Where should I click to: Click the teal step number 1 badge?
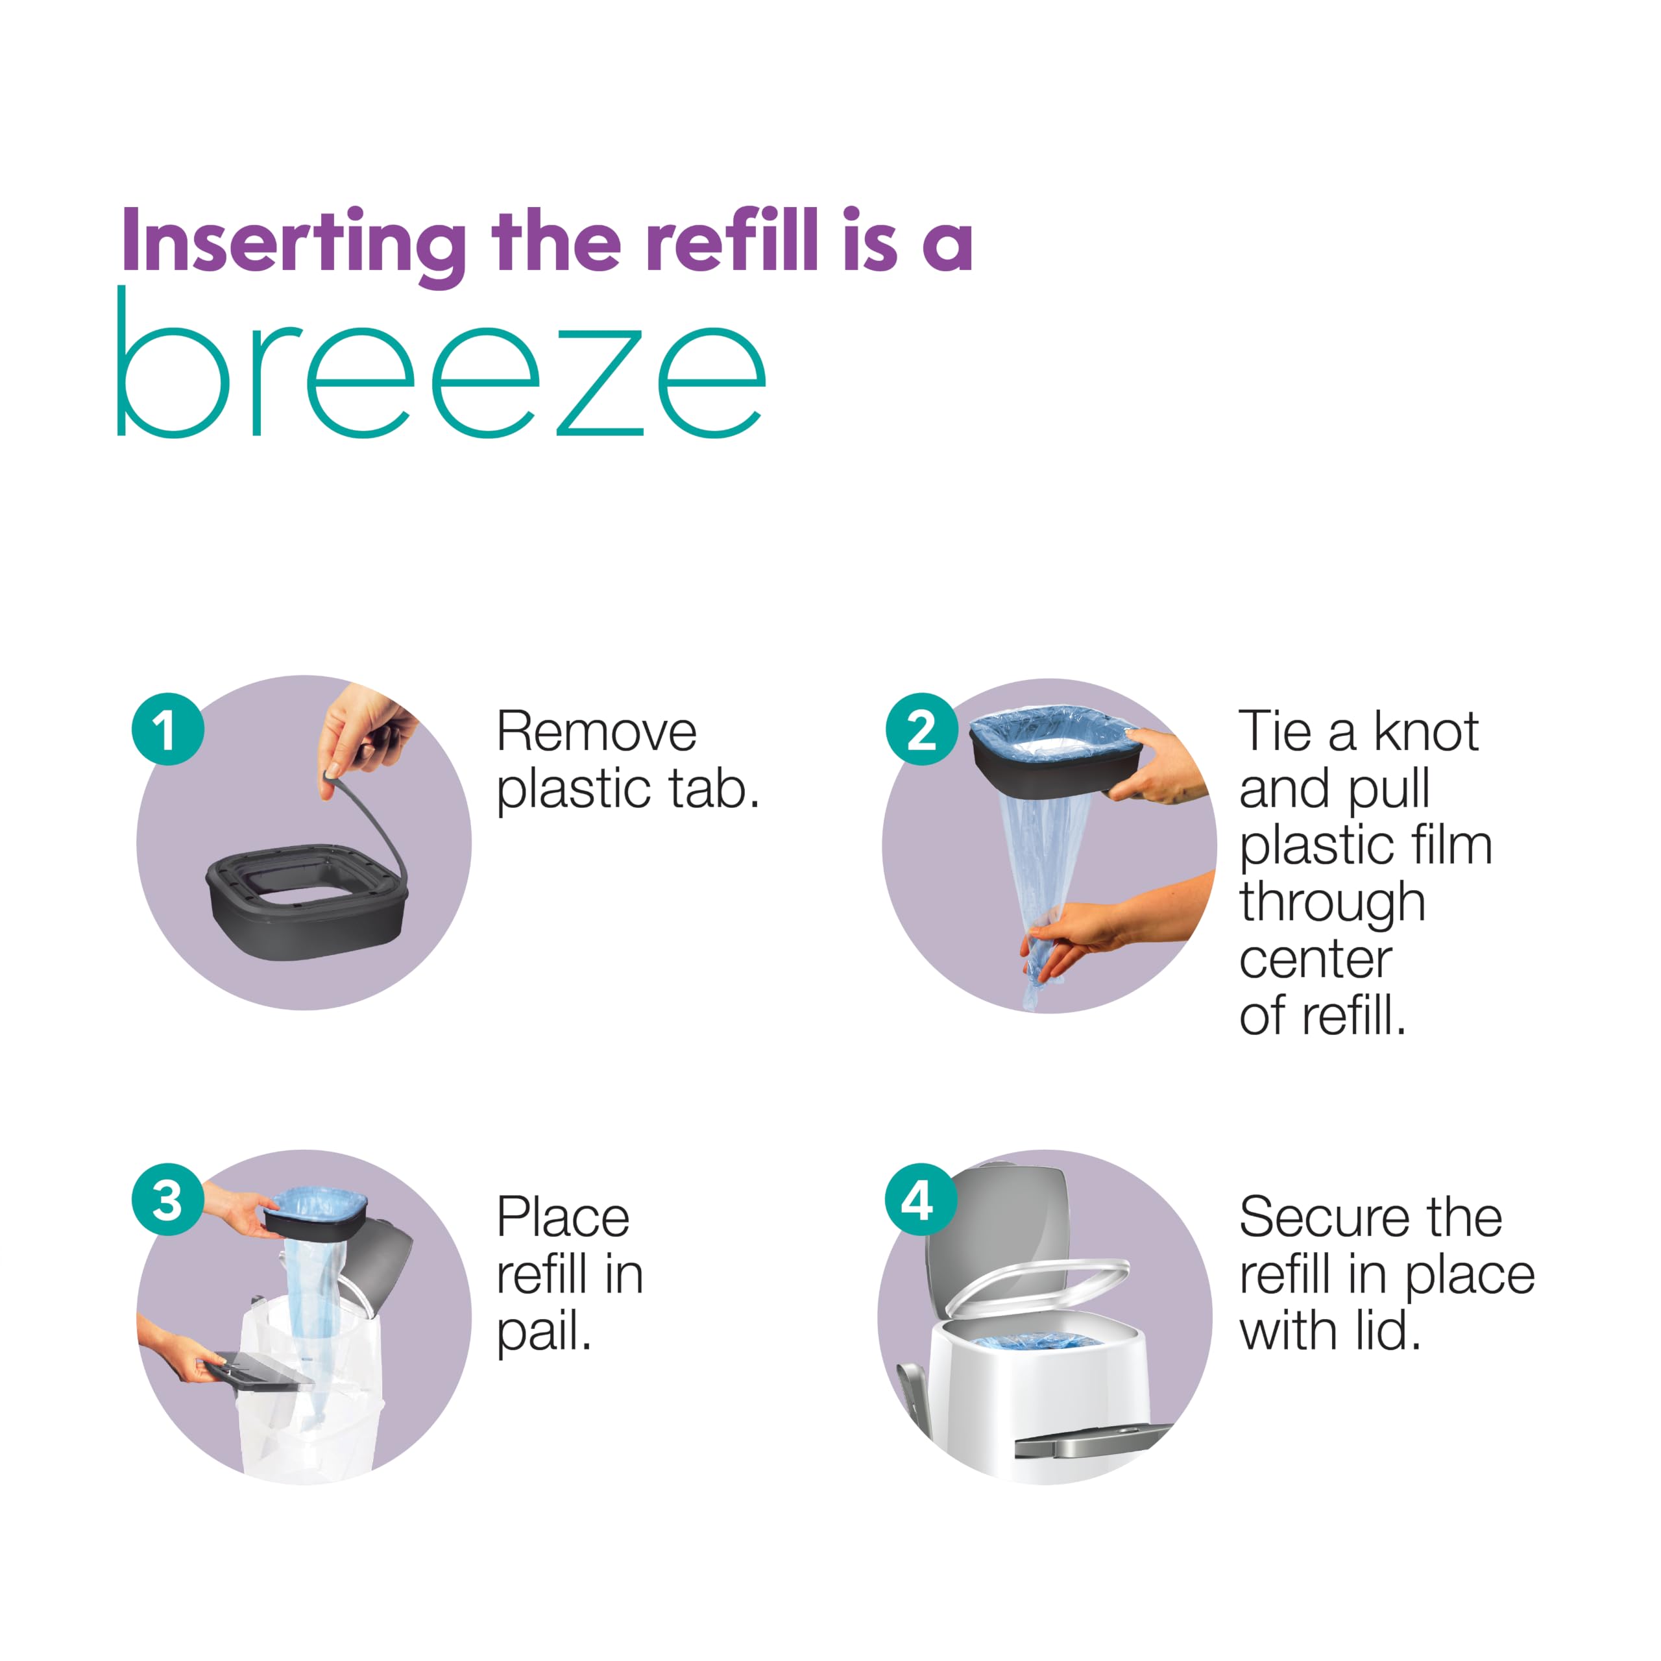click(x=167, y=729)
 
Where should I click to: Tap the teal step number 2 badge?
click(x=921, y=729)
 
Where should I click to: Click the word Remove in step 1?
click(x=597, y=733)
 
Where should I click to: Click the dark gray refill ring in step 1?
click(x=307, y=903)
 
